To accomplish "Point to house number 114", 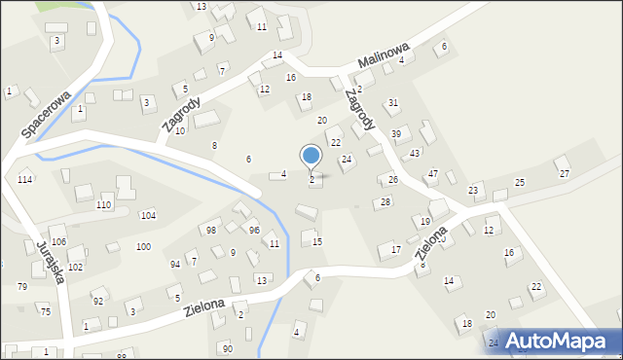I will tap(25, 180).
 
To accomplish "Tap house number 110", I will tap(103, 205).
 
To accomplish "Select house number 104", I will tap(148, 215).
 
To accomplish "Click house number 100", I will tap(143, 247).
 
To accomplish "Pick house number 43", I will tap(415, 154).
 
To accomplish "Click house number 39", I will tap(396, 133).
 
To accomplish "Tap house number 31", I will tap(393, 102).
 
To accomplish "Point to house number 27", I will tap(564, 173).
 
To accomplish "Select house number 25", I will tap(520, 183).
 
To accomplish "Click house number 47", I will tap(433, 173).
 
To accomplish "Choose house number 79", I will tap(22, 286).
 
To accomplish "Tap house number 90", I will tap(227, 348).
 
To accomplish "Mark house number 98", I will tap(210, 230).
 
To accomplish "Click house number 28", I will tap(385, 201).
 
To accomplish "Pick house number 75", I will tap(45, 310).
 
